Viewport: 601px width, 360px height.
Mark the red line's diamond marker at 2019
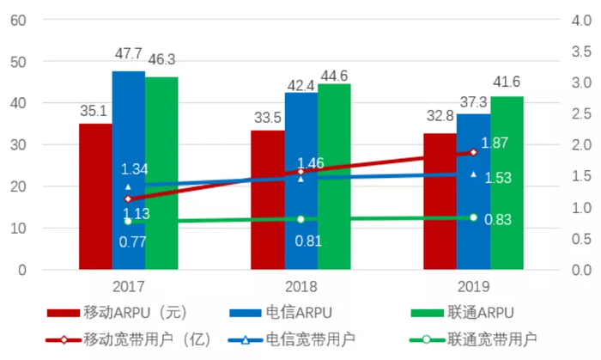tap(473, 152)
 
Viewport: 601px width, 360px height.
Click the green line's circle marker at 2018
tap(300, 219)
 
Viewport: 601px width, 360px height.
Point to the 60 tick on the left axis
tap(16, 20)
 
